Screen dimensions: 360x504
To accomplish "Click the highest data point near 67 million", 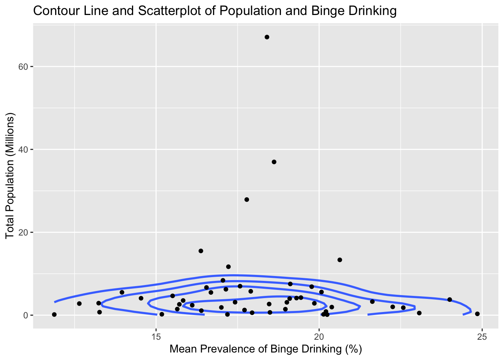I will pos(267,37).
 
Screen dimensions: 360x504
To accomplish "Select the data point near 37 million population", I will pos(274,162).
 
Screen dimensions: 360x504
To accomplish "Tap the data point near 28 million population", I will pos(246,199).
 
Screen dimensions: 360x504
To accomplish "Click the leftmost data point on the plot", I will pos(54,315).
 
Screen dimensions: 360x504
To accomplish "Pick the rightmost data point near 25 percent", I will pos(477,314).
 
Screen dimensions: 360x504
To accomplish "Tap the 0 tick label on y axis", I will pos(26,315).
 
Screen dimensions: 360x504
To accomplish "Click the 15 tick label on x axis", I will pos(156,336).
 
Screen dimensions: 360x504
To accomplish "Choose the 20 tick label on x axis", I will pos(319,336).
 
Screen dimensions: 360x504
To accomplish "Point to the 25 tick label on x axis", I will pos(482,336).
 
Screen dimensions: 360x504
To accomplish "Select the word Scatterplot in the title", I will pos(171,11).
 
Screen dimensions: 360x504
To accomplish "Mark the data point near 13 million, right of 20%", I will pos(340,260).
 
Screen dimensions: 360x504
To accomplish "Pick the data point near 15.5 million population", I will pos(201,251).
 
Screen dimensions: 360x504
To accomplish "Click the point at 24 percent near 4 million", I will pos(450,300).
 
